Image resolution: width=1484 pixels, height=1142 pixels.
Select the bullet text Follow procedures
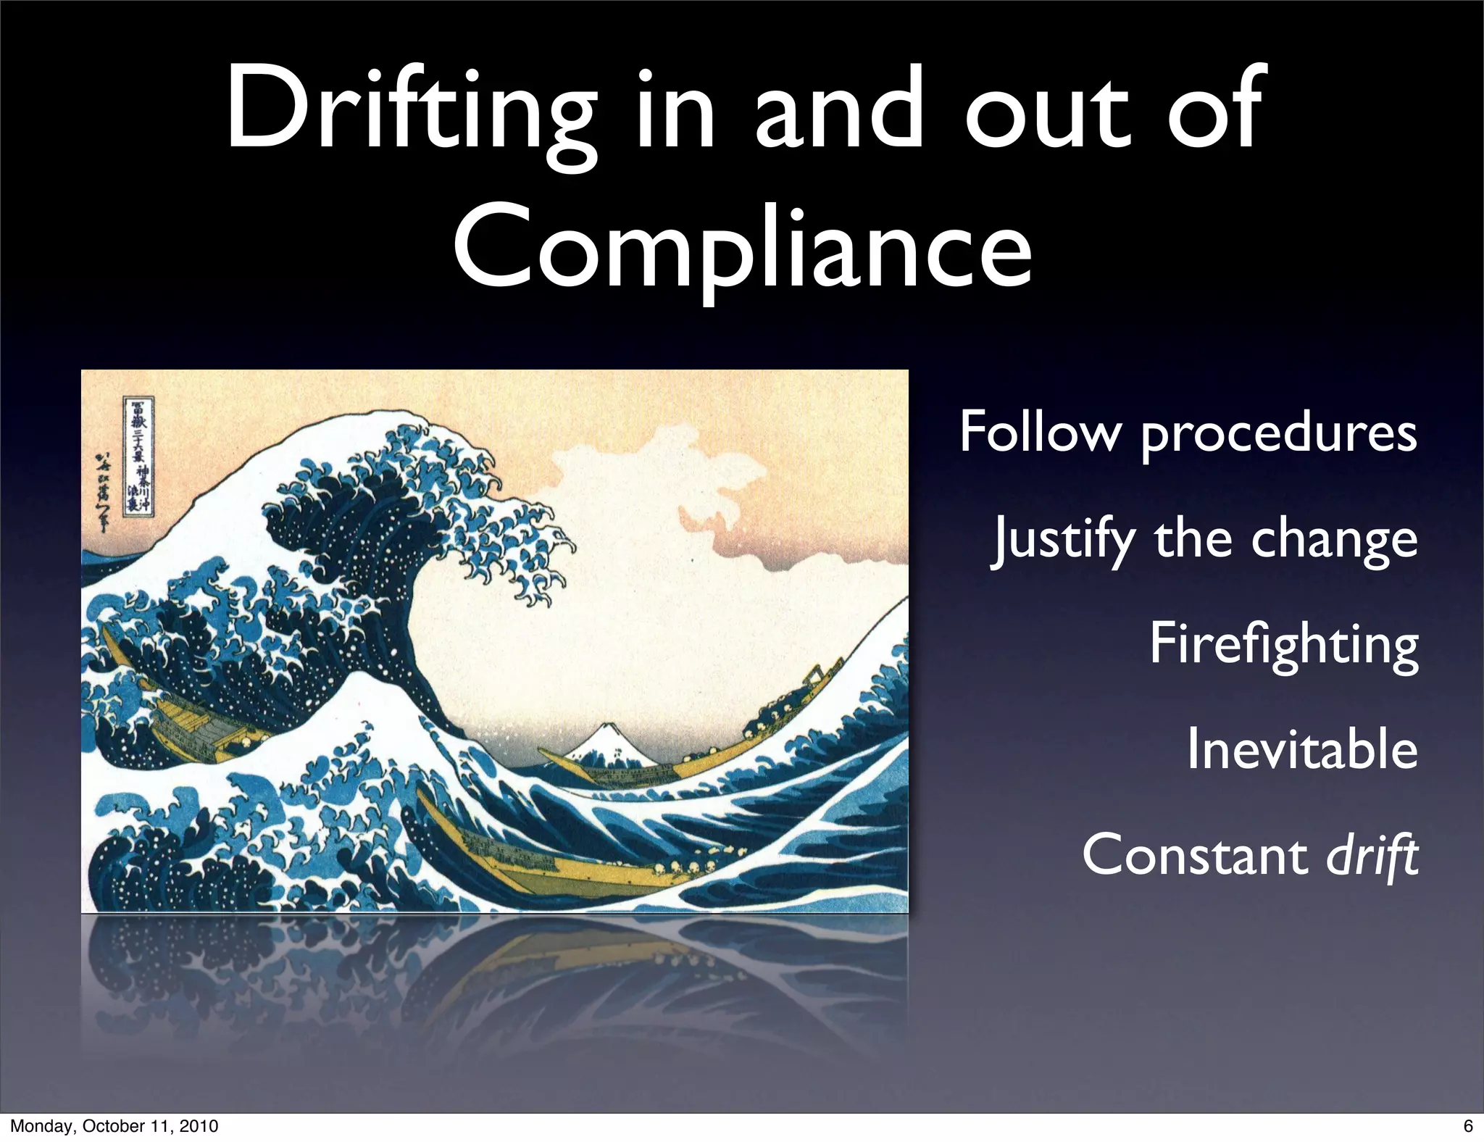pyautogui.click(x=1188, y=433)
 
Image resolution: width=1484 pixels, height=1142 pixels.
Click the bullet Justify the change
pyautogui.click(x=1204, y=539)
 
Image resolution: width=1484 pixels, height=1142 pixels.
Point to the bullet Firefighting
pyautogui.click(x=1283, y=644)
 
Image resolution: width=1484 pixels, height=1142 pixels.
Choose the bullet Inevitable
pyautogui.click(x=1301, y=749)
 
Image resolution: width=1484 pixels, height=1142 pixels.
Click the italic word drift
pyautogui.click(x=1371, y=856)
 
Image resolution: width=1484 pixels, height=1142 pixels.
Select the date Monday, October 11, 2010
pyautogui.click(x=114, y=1125)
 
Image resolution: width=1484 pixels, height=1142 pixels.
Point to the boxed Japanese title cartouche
pyautogui.click(x=138, y=454)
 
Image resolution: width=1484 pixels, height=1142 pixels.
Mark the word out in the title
pyautogui.click(x=1046, y=109)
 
